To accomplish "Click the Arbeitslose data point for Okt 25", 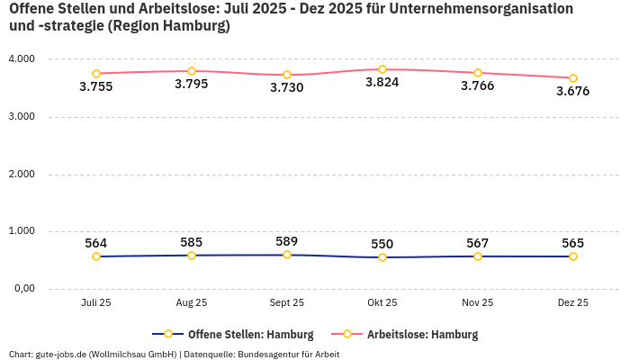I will click(x=382, y=69).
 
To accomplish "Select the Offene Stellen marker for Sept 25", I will click(x=287, y=255).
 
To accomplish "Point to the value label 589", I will click(x=287, y=241).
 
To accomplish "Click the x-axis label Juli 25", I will click(x=96, y=303).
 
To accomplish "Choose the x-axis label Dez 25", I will click(x=572, y=303).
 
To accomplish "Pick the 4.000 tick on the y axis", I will click(x=21, y=59).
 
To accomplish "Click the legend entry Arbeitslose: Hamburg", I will click(x=422, y=335).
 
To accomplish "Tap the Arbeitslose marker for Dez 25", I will click(x=572, y=78).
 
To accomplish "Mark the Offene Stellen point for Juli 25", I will click(x=96, y=256).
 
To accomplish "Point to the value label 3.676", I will click(x=572, y=91).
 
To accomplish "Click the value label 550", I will click(x=382, y=244).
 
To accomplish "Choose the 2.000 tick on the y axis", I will click(x=21, y=175).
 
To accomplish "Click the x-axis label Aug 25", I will click(x=192, y=303).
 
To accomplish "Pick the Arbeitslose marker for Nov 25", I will click(x=478, y=73).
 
